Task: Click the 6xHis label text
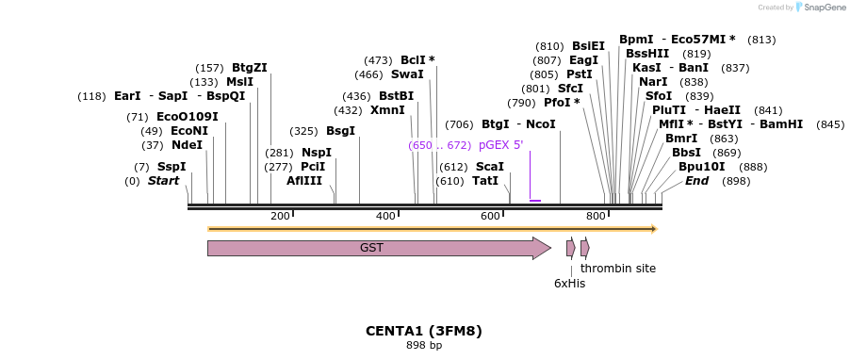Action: coord(569,283)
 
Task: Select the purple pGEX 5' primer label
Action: coord(500,145)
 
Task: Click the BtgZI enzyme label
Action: coord(250,68)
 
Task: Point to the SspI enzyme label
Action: coord(172,167)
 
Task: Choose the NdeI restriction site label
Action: coord(187,145)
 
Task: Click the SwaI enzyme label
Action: coord(407,74)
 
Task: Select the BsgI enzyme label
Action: coord(341,131)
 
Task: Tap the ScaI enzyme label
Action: coord(490,167)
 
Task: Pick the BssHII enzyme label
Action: coord(647,54)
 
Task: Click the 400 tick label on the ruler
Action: coord(384,217)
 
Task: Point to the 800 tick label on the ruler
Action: coord(596,217)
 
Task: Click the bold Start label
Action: coord(163,181)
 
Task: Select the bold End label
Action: coord(696,181)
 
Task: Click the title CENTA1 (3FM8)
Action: coord(424,331)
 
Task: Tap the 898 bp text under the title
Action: coord(424,345)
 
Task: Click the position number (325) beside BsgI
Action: coord(303,131)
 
